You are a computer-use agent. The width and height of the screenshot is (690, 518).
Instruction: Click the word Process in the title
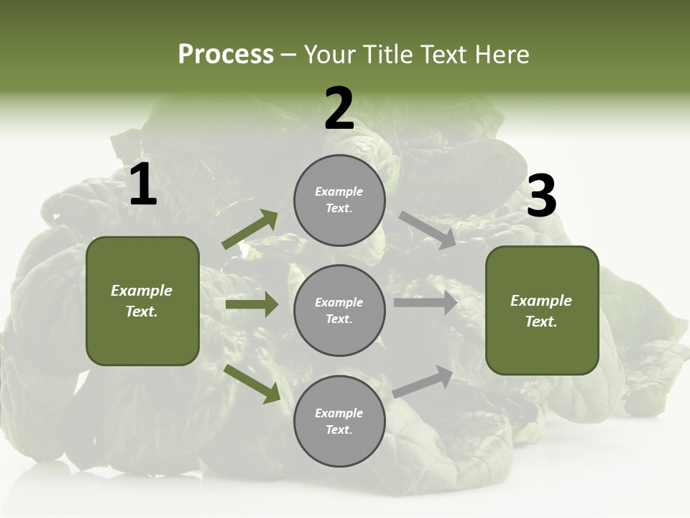226,55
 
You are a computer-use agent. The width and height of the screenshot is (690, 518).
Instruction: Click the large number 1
143,185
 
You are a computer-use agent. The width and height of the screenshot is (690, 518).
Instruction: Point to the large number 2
339,109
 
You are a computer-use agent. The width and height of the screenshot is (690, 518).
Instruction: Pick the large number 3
541,196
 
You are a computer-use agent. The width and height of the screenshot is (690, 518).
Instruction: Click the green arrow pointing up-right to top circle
250,230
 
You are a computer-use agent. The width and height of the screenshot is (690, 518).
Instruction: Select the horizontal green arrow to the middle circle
252,304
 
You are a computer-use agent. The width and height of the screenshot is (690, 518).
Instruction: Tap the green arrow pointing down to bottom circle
252,383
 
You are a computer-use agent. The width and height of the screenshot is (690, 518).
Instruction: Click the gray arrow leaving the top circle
427,230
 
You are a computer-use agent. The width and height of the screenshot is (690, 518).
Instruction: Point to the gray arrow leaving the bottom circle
423,382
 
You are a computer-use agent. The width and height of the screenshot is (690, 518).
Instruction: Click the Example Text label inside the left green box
142,301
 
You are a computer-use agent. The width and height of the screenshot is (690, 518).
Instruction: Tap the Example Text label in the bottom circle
339,421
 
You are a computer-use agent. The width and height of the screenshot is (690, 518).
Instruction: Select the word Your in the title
329,55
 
